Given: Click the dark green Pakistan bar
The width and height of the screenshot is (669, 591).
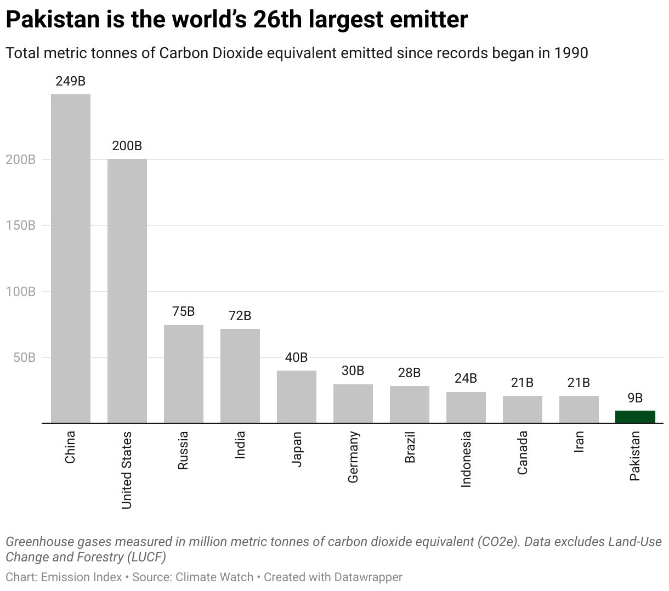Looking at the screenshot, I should [635, 417].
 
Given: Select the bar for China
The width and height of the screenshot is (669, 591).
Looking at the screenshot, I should [71, 258].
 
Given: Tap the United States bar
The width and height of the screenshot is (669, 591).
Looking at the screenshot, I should [127, 291].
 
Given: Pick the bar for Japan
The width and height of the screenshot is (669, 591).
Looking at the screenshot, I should [297, 396].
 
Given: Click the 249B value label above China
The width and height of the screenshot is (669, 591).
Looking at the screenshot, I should [71, 81].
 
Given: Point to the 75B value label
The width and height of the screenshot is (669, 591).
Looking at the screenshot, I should [183, 311].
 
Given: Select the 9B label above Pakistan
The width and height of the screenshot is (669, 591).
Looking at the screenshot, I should [635, 398].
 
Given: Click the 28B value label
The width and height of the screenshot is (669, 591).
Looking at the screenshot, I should [409, 373].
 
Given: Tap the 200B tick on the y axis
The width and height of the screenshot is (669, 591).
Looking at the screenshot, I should [20, 160].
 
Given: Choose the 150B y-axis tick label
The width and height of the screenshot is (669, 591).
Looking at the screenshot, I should [20, 225].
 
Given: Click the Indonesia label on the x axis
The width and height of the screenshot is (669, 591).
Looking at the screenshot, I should [466, 459].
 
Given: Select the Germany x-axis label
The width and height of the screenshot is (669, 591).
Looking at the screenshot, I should [353, 457].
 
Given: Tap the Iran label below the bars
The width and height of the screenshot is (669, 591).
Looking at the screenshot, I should [579, 441].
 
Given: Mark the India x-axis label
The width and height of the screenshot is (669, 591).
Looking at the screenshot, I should [240, 445].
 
